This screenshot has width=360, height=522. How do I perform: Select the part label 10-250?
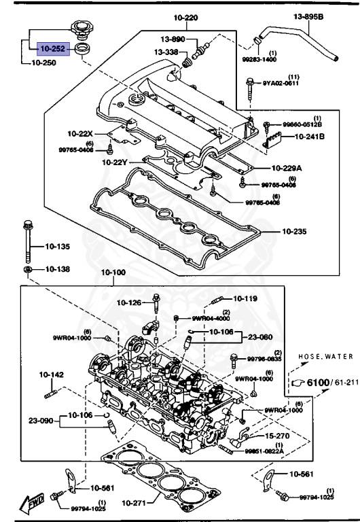(x=44, y=63)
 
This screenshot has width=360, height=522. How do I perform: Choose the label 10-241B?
(x=310, y=137)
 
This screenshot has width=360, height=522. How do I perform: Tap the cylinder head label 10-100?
(x=113, y=273)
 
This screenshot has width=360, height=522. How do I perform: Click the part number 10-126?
(x=128, y=302)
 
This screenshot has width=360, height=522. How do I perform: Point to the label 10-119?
(x=245, y=298)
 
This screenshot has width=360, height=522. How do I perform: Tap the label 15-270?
(x=278, y=436)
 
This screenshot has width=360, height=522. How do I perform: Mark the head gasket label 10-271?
(x=135, y=504)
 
